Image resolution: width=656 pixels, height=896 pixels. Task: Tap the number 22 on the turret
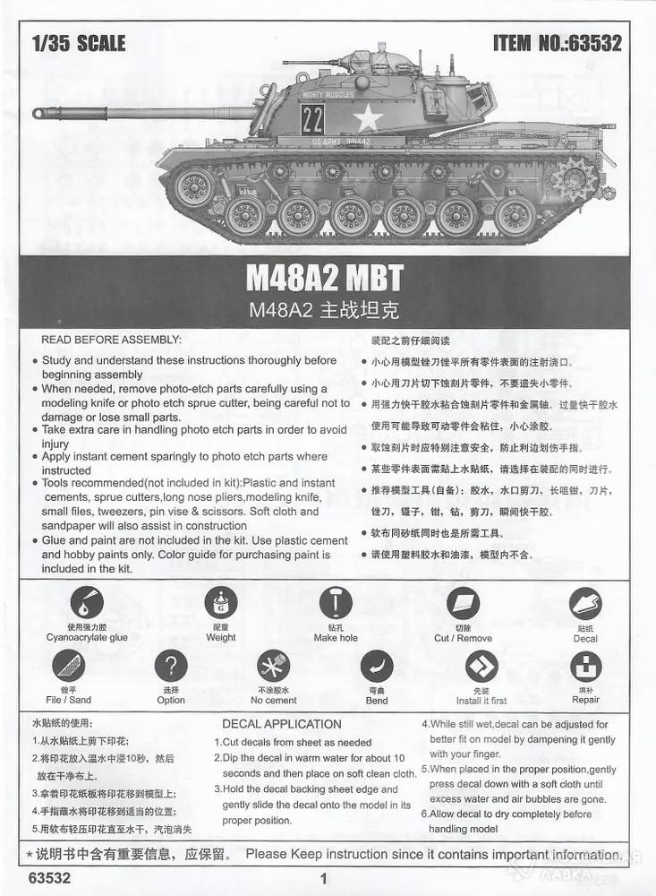coord(312,119)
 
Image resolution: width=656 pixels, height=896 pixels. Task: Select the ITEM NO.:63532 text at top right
coord(557,43)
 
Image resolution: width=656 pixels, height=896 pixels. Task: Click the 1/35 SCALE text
coord(78,43)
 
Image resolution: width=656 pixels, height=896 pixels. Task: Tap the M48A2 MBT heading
coord(324,278)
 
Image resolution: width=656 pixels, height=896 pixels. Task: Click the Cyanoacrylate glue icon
coord(87,602)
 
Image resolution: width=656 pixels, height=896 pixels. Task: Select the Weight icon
coord(220,602)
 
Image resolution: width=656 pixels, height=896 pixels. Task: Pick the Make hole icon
coord(336,602)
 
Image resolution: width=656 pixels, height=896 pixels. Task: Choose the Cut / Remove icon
coord(463,602)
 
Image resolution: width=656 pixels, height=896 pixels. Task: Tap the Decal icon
coord(585,602)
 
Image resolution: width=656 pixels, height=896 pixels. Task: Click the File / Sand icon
coord(68,666)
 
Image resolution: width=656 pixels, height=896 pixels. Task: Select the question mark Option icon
coord(171,666)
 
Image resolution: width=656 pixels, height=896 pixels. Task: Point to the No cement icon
coord(273,666)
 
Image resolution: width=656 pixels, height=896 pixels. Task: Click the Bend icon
coord(377,666)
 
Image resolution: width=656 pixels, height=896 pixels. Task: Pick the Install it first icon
coord(481,666)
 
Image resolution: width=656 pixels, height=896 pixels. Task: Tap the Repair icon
coord(585,666)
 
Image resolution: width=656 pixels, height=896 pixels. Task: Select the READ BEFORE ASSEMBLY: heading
coord(111,340)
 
